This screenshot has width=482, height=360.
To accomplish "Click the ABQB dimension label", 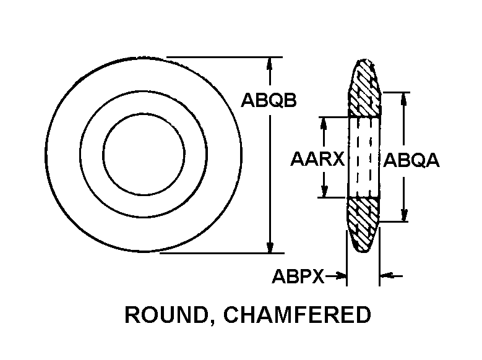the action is click(269, 100).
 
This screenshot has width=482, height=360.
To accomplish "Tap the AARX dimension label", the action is click(317, 159).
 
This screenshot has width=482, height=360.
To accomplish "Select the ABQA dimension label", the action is click(411, 160).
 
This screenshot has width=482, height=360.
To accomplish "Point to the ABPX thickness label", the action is click(298, 276).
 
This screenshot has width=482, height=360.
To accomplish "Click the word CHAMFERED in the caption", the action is click(297, 315).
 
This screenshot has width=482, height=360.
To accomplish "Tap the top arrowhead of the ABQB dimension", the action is click(270, 64).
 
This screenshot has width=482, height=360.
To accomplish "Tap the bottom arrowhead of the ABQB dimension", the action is click(270, 246).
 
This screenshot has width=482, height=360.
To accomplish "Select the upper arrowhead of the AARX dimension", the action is click(324, 124).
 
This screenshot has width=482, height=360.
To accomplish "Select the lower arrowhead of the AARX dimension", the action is click(324, 191).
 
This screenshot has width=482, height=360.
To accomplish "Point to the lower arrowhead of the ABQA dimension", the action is click(404, 215).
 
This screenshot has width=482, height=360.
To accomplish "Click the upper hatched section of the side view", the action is click(364, 88).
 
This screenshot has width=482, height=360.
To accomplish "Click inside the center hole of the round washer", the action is click(144, 155).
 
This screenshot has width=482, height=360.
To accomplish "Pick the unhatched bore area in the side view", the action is click(364, 157).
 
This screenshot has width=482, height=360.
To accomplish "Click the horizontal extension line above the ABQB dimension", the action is click(225, 57).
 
